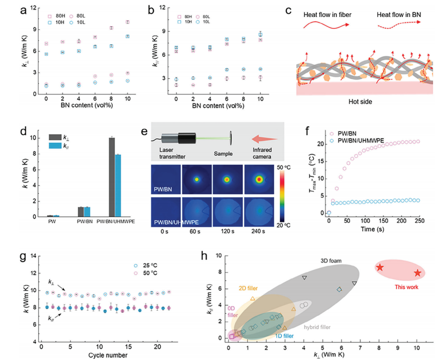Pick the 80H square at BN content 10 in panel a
(x=127, y=22)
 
